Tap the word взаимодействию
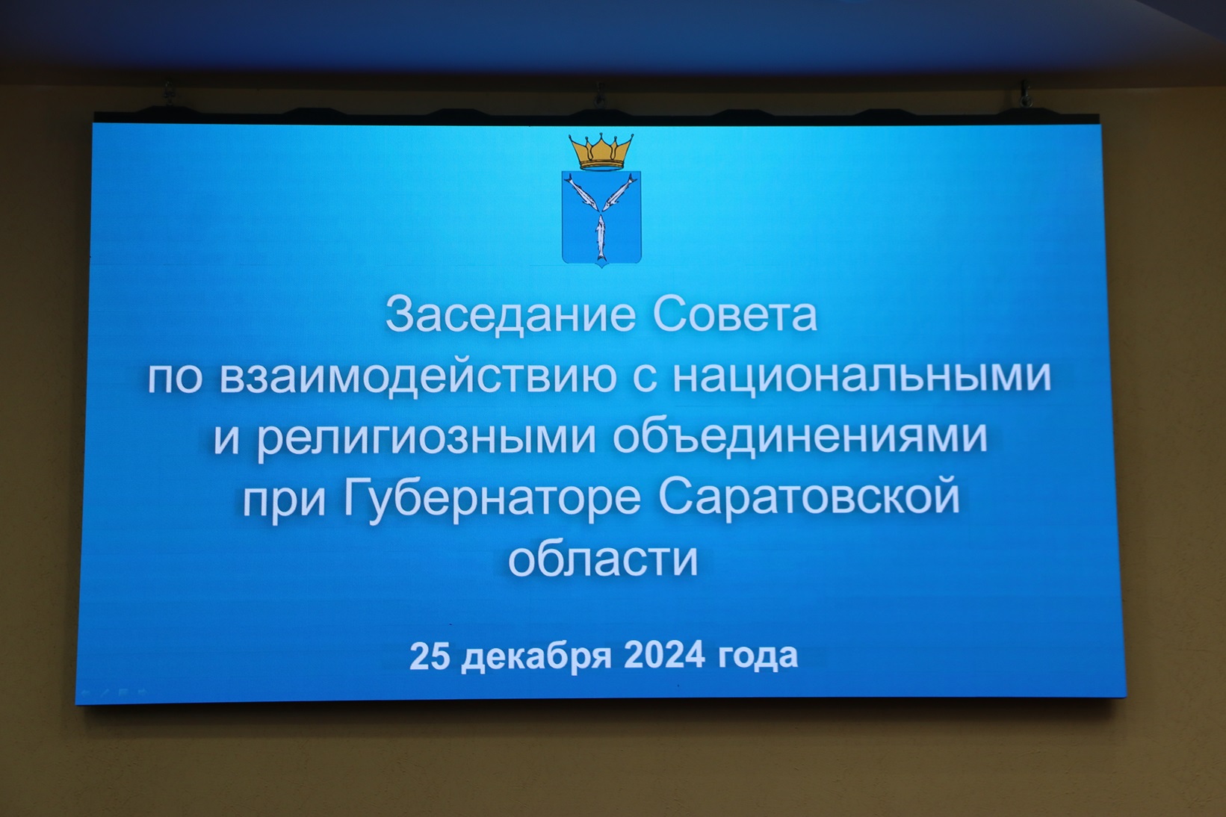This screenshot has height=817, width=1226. pos(418,378)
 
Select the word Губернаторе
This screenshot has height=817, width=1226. pos(492,499)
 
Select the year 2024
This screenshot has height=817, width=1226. pos(663,656)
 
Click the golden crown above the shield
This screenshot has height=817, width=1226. pos(601,151)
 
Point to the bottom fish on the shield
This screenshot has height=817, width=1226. pos(601,237)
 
